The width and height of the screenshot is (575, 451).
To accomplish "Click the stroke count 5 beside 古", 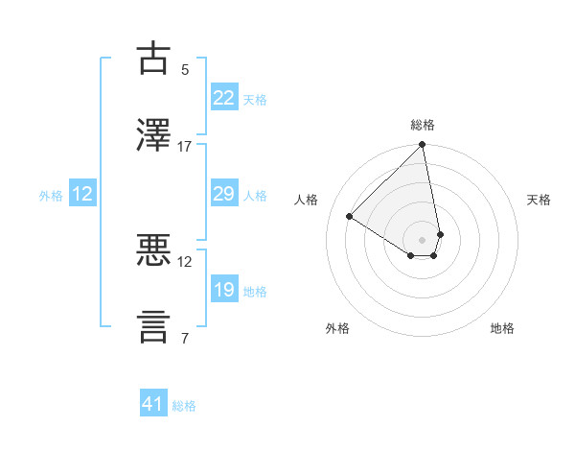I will pos(185,70).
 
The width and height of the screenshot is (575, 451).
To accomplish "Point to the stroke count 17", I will pos(185,147).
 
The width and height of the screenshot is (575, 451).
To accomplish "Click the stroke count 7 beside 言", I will pos(185,339).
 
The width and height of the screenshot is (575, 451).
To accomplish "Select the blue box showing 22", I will pos(223,98).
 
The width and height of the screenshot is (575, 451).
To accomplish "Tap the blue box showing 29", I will pos(223,195).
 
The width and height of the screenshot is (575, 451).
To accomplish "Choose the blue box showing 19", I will pos(223,290).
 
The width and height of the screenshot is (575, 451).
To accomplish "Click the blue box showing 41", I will pos(153,405).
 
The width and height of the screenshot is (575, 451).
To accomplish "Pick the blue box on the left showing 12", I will pos(82,195).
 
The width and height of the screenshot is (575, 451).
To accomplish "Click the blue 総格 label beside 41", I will pos(184,406).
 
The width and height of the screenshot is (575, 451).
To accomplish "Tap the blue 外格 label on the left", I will pos(51,196).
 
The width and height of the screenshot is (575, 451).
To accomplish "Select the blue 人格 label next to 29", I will pos(255,196).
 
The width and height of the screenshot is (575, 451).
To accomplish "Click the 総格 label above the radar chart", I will pos(423,125).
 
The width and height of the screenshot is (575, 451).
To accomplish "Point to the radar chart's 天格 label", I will pos(539,200).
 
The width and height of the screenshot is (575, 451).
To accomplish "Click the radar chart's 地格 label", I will pos(502,328).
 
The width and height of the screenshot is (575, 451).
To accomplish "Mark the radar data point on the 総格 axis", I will pos(422,146).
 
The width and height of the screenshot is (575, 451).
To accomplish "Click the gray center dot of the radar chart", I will pos(422,239).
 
